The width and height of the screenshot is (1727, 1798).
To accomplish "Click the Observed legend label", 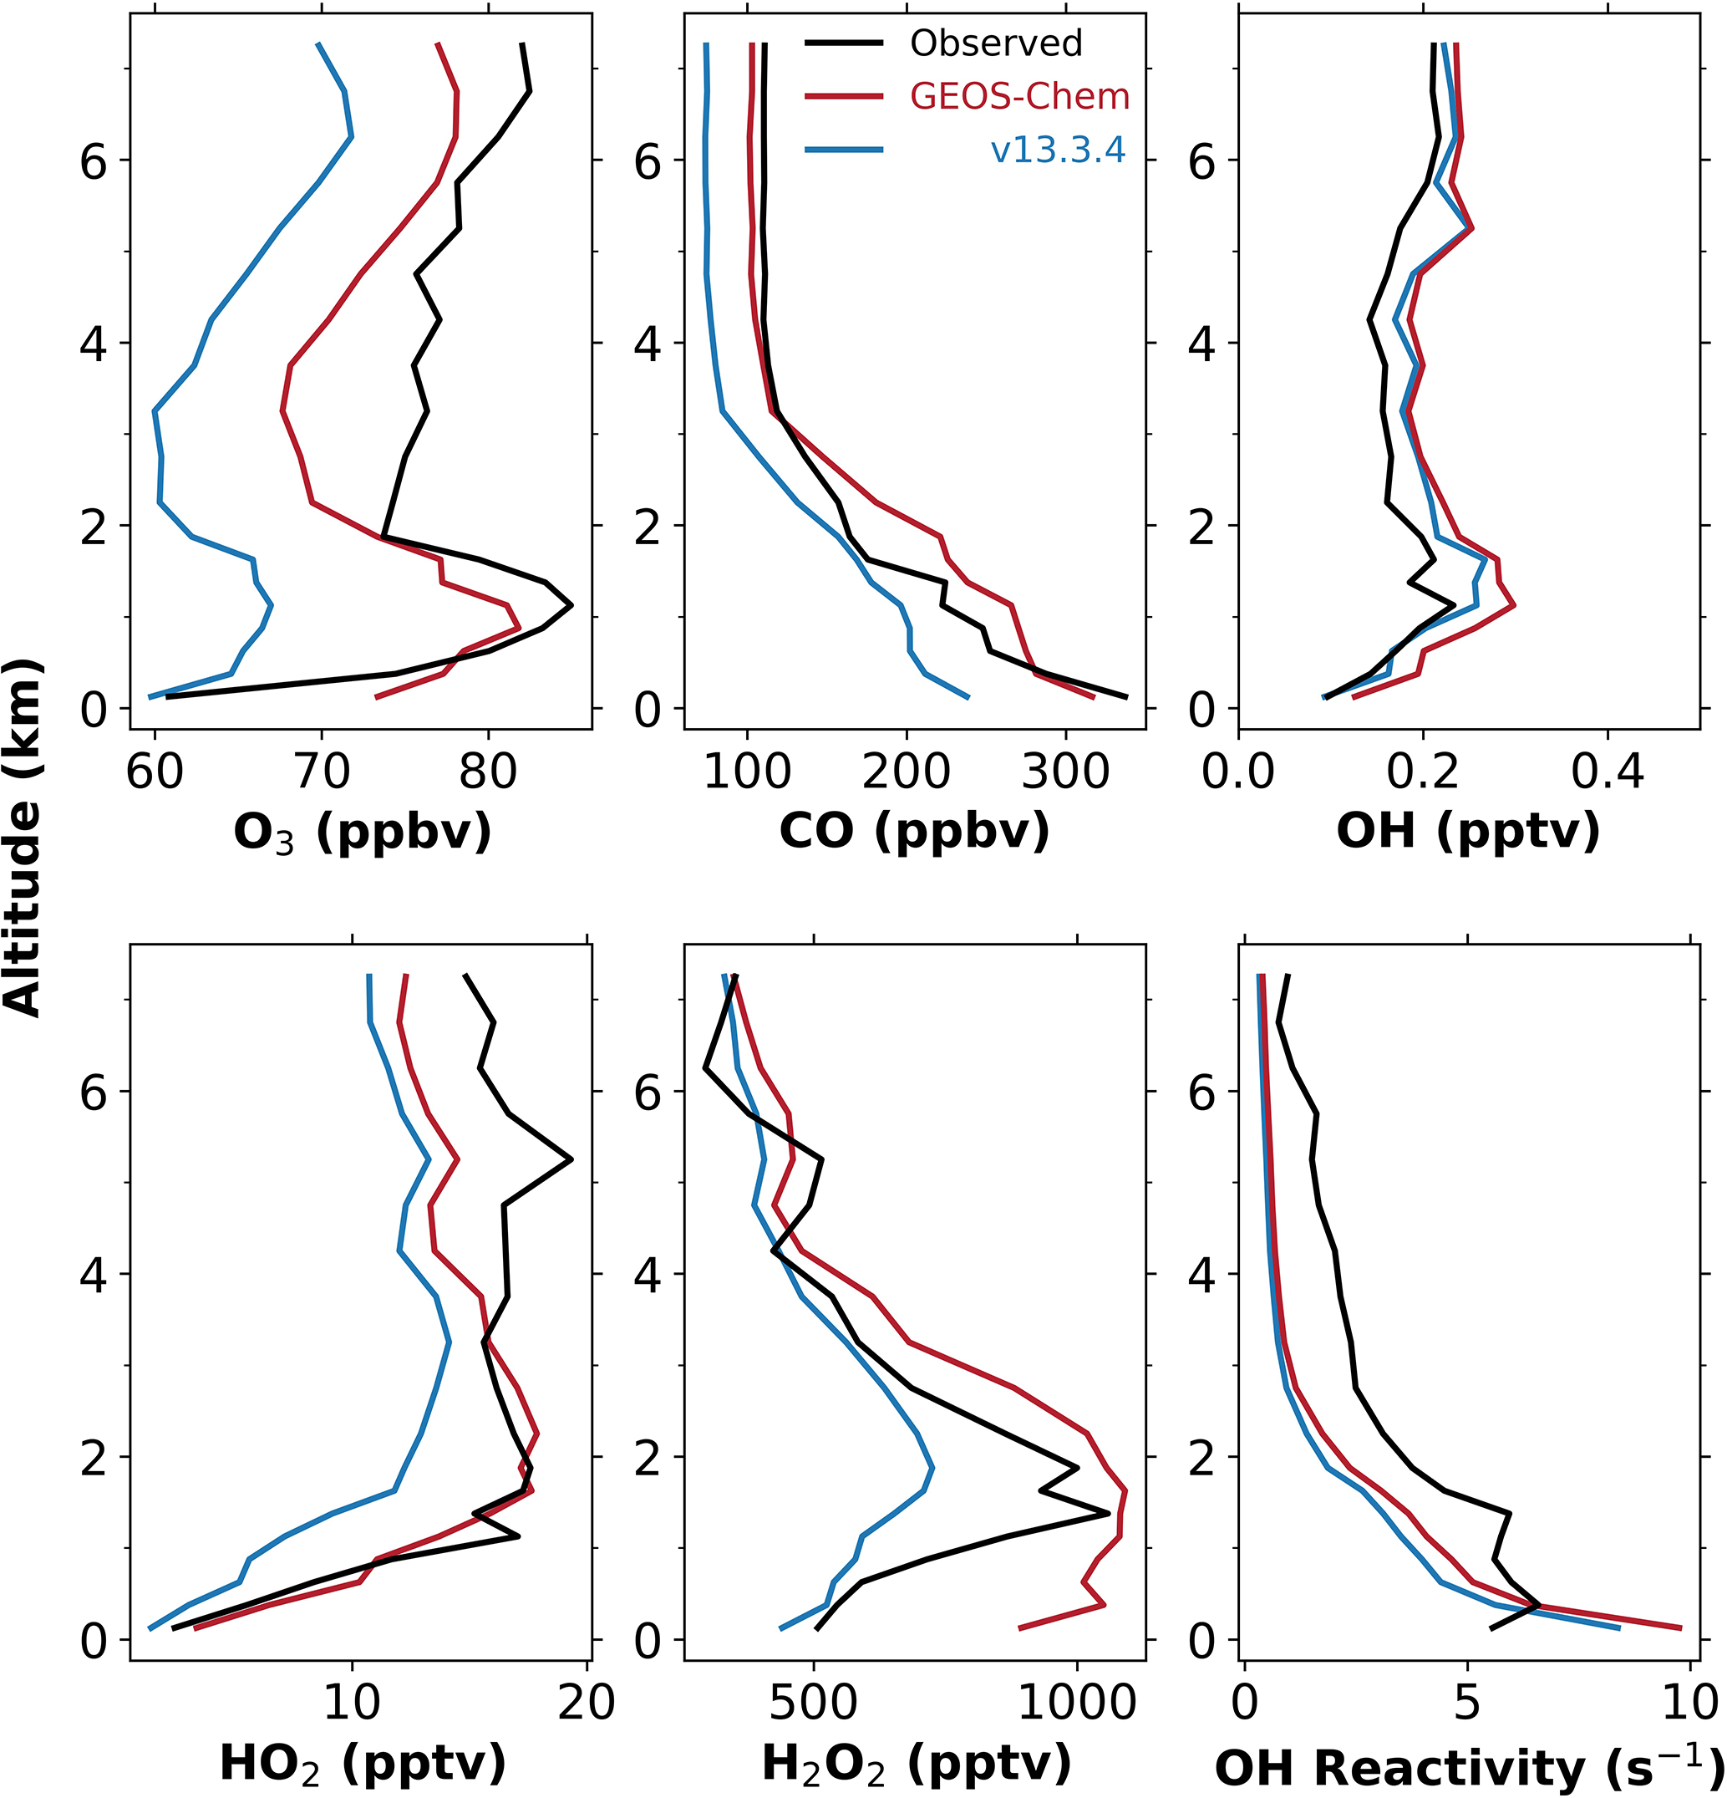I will [x=996, y=43].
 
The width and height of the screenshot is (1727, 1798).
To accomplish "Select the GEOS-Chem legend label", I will [x=1019, y=96].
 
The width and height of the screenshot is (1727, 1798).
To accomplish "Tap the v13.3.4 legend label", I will [x=1058, y=150].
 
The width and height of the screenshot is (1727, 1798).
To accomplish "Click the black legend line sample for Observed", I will [x=844, y=43].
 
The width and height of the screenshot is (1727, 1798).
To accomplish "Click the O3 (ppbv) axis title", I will [x=363, y=833].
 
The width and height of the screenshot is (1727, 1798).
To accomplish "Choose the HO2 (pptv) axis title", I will [x=363, y=1763].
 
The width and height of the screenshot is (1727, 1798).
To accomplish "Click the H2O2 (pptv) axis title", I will [x=916, y=1763].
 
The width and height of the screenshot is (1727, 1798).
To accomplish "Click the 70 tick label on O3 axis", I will [x=321, y=772].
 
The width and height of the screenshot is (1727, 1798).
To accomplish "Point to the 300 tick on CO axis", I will [x=1064, y=772].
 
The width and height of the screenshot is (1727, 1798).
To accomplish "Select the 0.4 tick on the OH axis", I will [x=1607, y=772].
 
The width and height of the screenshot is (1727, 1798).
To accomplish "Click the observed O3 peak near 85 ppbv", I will [x=571, y=605].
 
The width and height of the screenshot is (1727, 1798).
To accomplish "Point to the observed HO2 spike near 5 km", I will [x=571, y=1159].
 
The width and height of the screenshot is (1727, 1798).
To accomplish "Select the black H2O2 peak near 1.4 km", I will [x=1108, y=1514].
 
